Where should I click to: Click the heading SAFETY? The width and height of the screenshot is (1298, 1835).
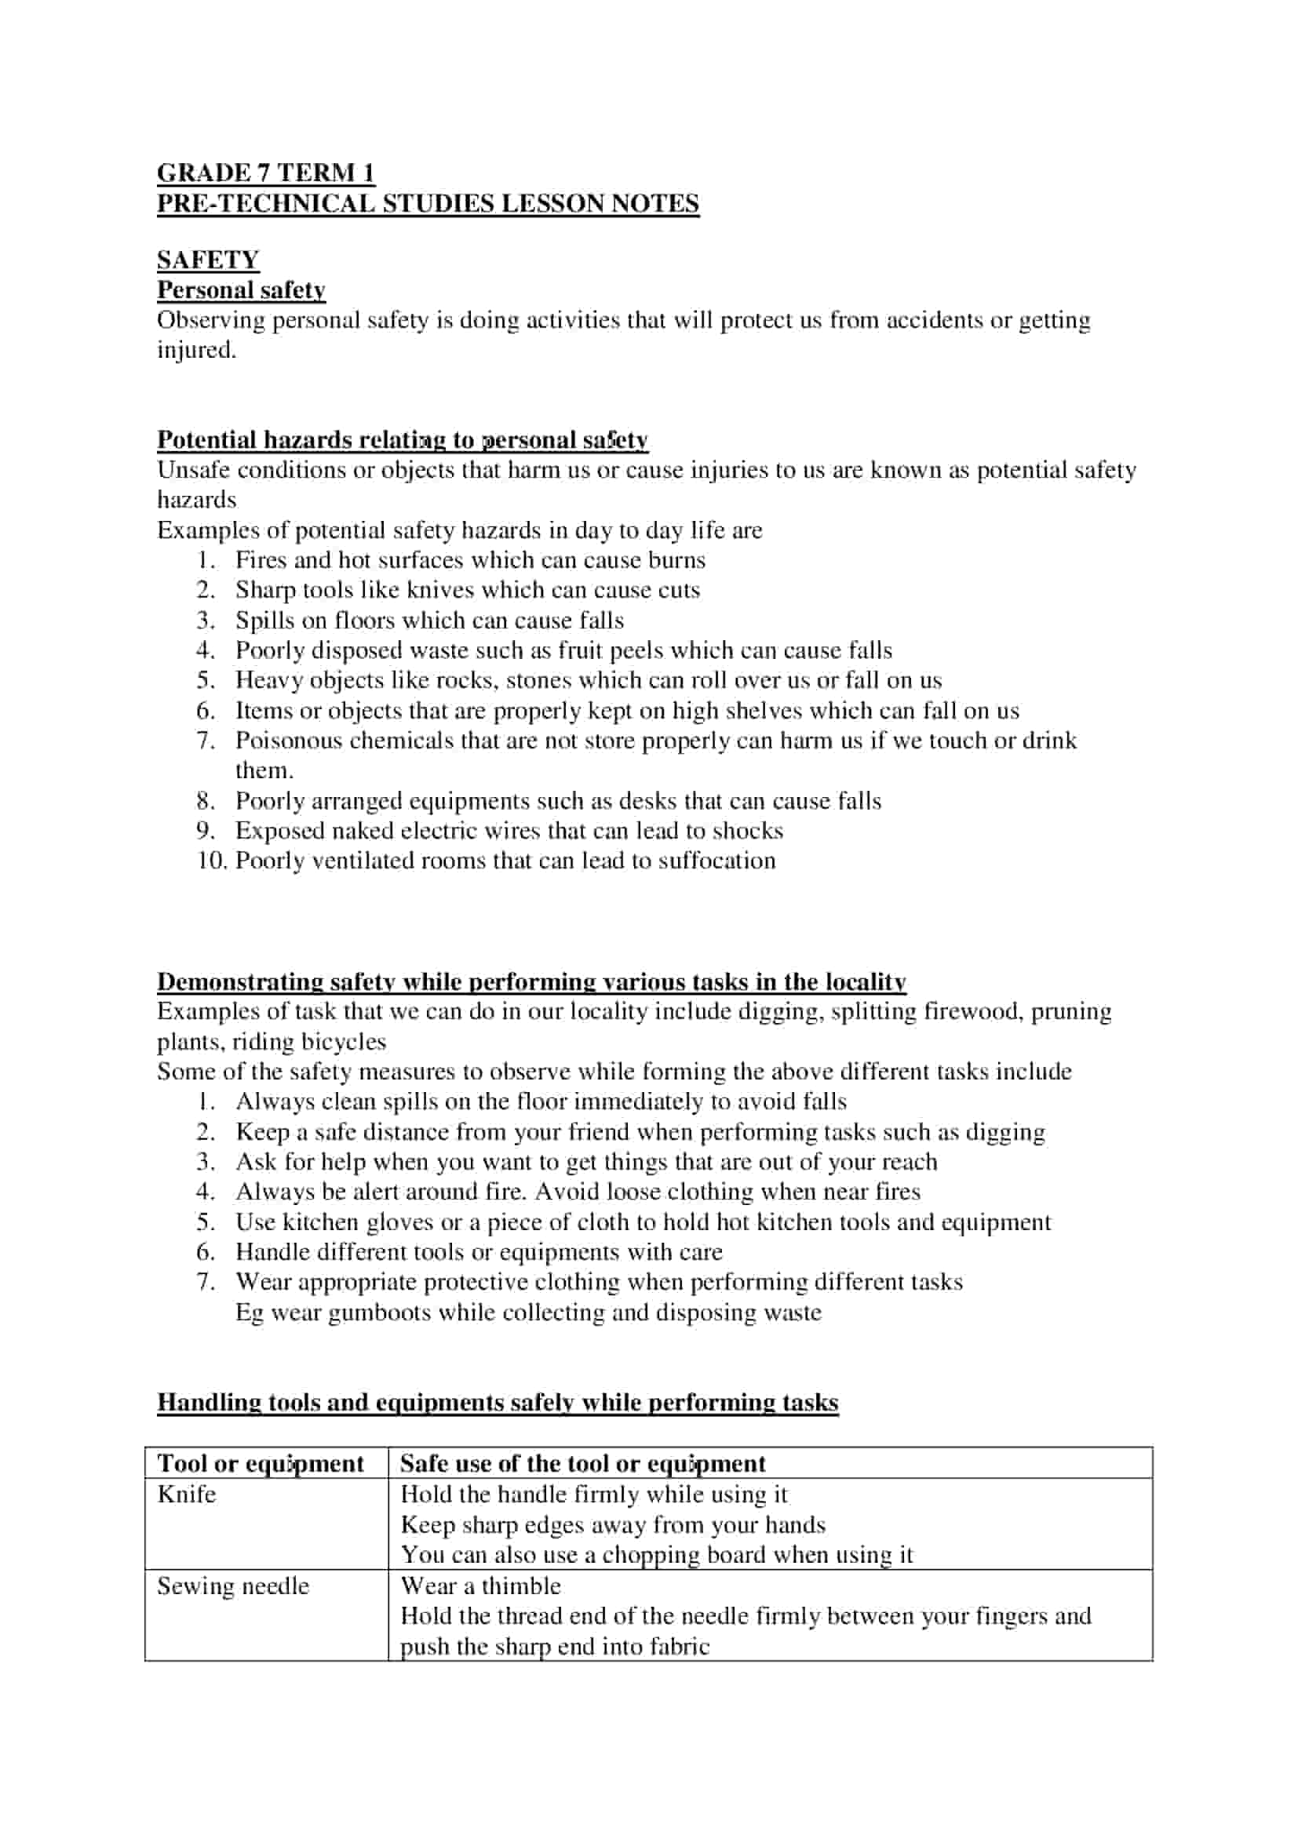click(x=208, y=260)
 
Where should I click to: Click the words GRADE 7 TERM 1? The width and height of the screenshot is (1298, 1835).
click(x=265, y=173)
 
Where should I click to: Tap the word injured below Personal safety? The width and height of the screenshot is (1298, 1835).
click(x=196, y=350)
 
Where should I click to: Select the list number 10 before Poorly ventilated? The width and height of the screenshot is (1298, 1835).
click(x=212, y=861)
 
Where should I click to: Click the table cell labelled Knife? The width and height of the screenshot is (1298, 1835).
click(x=186, y=1495)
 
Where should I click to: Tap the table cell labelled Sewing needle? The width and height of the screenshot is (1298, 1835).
click(x=232, y=1586)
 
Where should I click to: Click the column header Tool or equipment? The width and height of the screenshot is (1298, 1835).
click(x=261, y=1463)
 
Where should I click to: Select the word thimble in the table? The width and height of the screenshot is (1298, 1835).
click(x=521, y=1586)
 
